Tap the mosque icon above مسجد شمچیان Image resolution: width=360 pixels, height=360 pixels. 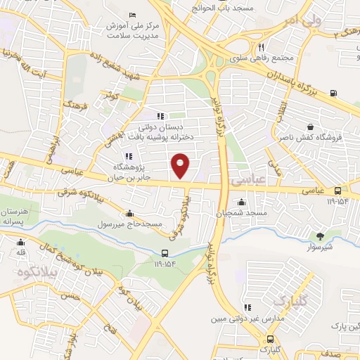point(241,202)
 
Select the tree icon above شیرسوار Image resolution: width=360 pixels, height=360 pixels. point(321,236)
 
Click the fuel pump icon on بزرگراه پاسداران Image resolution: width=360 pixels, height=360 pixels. point(333,93)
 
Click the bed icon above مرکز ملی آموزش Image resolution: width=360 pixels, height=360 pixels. point(133,15)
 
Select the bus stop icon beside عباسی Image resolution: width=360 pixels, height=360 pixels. point(338,191)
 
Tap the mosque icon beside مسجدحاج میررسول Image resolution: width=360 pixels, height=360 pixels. point(129,214)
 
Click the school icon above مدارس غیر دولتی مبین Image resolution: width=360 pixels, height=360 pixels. point(247,307)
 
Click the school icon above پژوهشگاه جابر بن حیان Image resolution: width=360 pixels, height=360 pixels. point(129,157)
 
